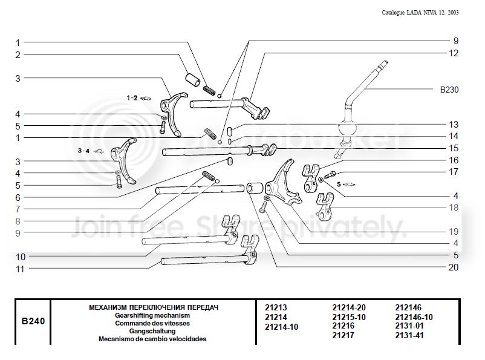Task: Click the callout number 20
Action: pyautogui.click(x=453, y=267)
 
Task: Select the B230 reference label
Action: pyautogui.click(x=449, y=90)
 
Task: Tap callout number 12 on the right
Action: pyautogui.click(x=454, y=53)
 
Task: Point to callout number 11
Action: pyautogui.click(x=20, y=269)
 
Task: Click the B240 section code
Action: pyautogui.click(x=33, y=321)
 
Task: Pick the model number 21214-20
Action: pyautogui.click(x=349, y=308)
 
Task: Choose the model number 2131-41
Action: pyautogui.click(x=409, y=335)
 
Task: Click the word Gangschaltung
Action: pyautogui.click(x=152, y=331)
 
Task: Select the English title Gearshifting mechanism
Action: pyautogui.click(x=152, y=315)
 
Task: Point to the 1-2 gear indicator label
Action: pyautogui.click(x=132, y=98)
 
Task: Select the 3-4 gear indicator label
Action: pyautogui.click(x=83, y=151)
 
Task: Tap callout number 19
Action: pyautogui.click(x=454, y=232)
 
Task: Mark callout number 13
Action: pyautogui.click(x=454, y=125)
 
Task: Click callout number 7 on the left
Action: pyautogui.click(x=18, y=209)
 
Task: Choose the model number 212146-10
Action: pyautogui.click(x=414, y=317)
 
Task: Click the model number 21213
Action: pyautogui.click(x=276, y=308)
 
